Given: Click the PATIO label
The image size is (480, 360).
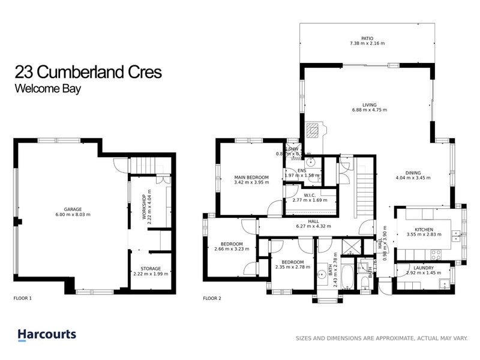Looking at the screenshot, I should tap(367, 38).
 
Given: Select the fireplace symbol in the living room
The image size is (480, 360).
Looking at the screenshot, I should tap(313, 130).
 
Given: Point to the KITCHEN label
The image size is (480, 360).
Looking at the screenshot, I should tap(424, 229).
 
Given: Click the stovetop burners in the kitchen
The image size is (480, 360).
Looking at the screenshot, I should tap(457, 233).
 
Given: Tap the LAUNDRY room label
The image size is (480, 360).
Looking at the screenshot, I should tap(419, 268).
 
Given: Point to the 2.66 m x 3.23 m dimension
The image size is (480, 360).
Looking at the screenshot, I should tap(231, 250).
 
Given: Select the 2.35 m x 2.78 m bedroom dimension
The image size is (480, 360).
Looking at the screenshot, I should tap(293, 267).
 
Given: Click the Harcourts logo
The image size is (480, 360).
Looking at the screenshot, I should tap(46, 334).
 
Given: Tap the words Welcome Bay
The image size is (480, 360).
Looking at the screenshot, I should tap(47, 88).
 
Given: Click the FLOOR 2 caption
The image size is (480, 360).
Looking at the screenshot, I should tap(212, 298).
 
